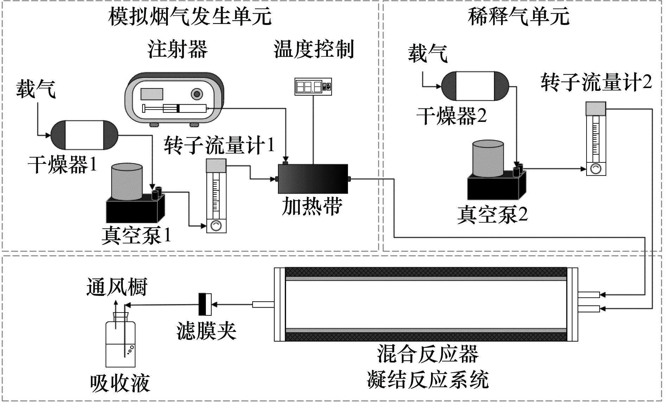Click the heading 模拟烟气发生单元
(190, 16)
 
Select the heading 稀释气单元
(518, 16)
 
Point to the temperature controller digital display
(313, 86)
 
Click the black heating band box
(313, 179)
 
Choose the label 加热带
(312, 206)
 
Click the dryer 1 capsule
(84, 135)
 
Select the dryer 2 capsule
(475, 86)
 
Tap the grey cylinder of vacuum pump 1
(127, 183)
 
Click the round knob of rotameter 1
(216, 226)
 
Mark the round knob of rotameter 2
(596, 169)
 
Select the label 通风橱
(117, 287)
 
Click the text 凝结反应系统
(427, 379)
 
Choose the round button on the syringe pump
(197, 94)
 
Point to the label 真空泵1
(137, 235)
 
